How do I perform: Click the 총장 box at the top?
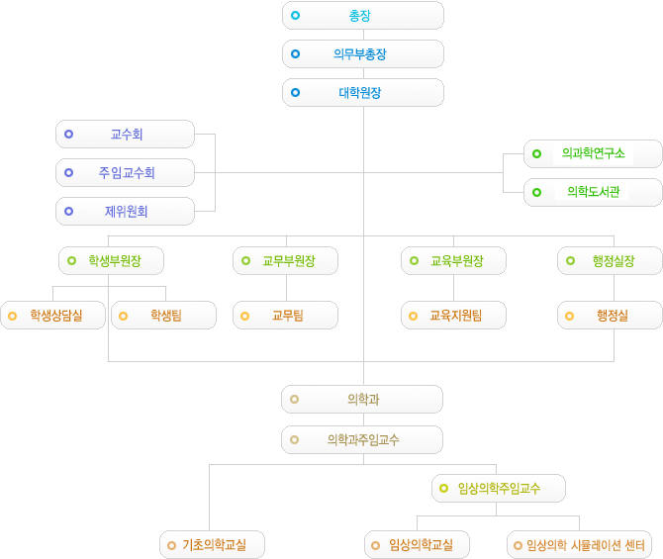(x=362, y=16)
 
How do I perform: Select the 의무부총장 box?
(x=362, y=54)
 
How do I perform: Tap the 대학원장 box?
(x=362, y=93)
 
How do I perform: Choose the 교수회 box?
(x=125, y=134)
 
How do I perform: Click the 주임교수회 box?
(x=125, y=172)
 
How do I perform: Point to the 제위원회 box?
(x=125, y=211)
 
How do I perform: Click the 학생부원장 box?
(x=111, y=260)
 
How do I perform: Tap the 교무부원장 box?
(x=286, y=260)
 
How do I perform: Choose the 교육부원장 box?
(x=454, y=260)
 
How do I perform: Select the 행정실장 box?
(x=610, y=260)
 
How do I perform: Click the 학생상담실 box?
(x=53, y=316)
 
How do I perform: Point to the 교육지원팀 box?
(x=454, y=316)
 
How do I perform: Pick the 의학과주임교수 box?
(x=362, y=439)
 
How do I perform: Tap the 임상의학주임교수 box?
(x=499, y=488)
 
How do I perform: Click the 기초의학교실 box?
(x=212, y=544)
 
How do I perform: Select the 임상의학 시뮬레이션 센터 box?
(x=580, y=544)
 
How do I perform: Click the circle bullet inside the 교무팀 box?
(x=246, y=316)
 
